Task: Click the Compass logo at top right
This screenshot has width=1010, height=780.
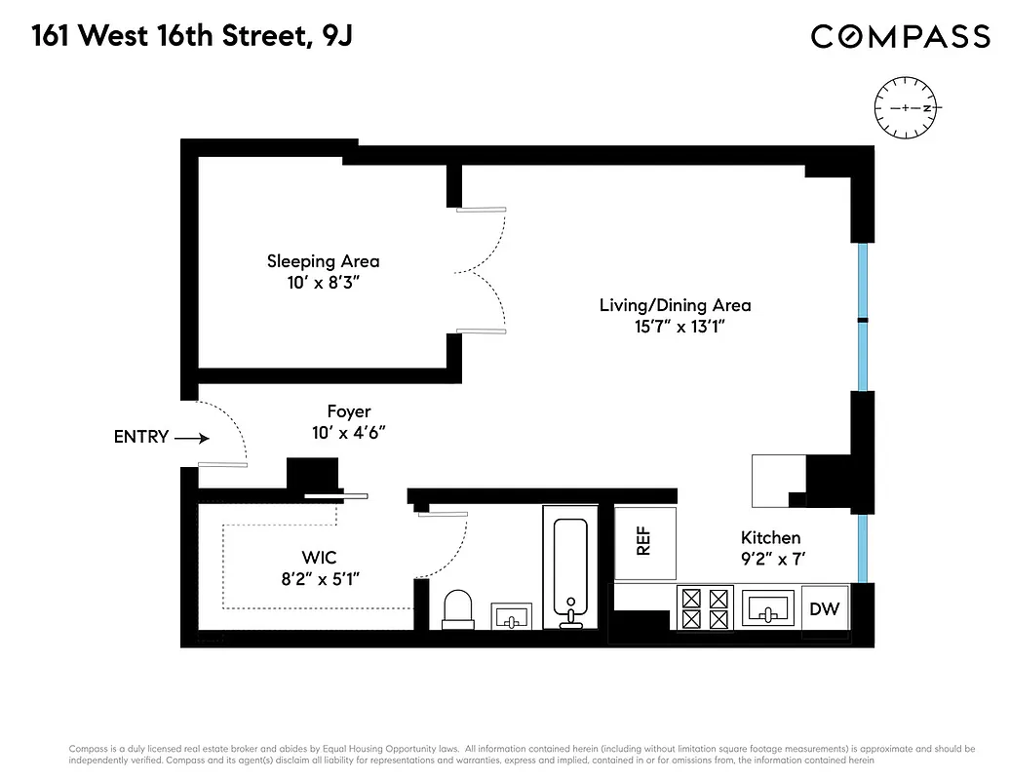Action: pyautogui.click(x=901, y=37)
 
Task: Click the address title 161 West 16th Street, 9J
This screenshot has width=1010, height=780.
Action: pyautogui.click(x=192, y=37)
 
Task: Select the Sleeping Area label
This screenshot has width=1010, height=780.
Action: pyautogui.click(x=323, y=261)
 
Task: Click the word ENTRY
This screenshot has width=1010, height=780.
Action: pyautogui.click(x=141, y=437)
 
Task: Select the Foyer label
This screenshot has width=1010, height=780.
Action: pyautogui.click(x=348, y=412)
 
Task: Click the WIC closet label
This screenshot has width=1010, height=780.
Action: pyautogui.click(x=319, y=558)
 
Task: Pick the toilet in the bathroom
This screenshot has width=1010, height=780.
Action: pyautogui.click(x=456, y=609)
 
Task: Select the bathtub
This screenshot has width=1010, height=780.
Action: pyautogui.click(x=570, y=570)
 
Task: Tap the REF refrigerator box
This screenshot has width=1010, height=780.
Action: pyautogui.click(x=642, y=542)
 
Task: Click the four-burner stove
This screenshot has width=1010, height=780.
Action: pyautogui.click(x=705, y=608)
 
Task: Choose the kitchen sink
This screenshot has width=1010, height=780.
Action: pyautogui.click(x=769, y=608)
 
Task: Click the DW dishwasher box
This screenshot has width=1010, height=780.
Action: pyautogui.click(x=824, y=609)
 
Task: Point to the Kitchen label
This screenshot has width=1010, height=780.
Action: pyautogui.click(x=770, y=537)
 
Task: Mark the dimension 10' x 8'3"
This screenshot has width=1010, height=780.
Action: pyautogui.click(x=323, y=283)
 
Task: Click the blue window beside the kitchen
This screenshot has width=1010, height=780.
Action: pyautogui.click(x=862, y=548)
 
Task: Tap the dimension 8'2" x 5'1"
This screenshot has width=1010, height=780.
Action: pyautogui.click(x=319, y=579)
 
